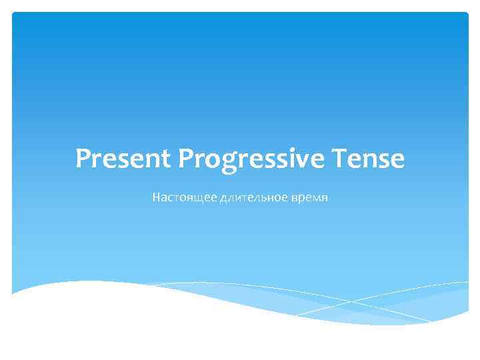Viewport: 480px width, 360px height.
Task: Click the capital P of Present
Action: click(84, 159)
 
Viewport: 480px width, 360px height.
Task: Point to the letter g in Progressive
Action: click(224, 162)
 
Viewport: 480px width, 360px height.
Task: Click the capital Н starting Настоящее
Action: click(156, 198)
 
